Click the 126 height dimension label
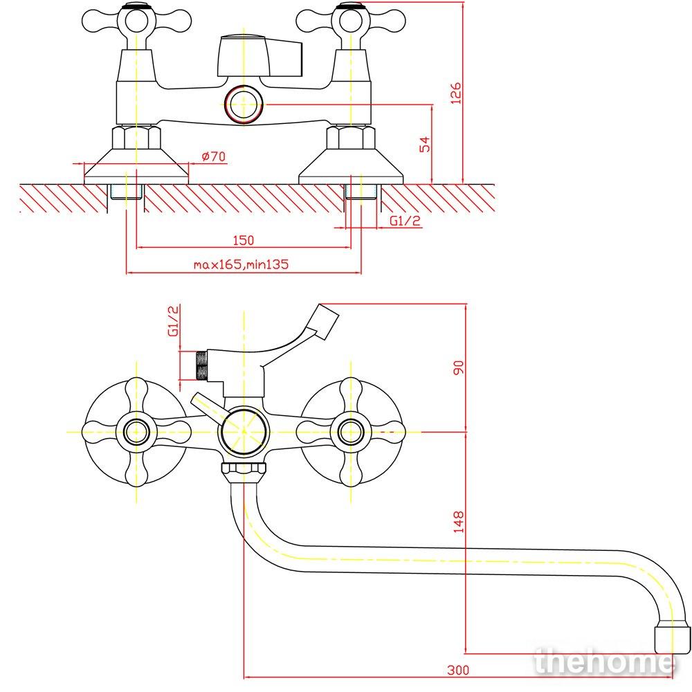pyautogui.click(x=455, y=93)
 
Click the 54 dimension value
pyautogui.click(x=425, y=145)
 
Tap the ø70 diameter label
pyautogui.click(x=214, y=156)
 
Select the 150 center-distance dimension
pyautogui.click(x=244, y=240)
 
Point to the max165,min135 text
pyautogui.click(x=241, y=264)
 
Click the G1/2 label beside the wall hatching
pyautogui.click(x=405, y=220)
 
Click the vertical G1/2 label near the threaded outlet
pyautogui.click(x=174, y=321)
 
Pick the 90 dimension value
pyautogui.click(x=459, y=367)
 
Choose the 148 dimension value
pyautogui.click(x=459, y=522)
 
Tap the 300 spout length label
pyautogui.click(x=458, y=670)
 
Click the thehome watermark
pyautogui.click(x=605, y=662)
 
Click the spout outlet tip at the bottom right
pyautogui.click(x=671, y=636)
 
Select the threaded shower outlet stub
pyautogui.click(x=201, y=365)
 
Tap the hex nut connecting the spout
pyautogui.click(x=244, y=471)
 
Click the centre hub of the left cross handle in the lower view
pyautogui.click(x=136, y=432)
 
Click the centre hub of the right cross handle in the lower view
pyautogui.click(x=351, y=432)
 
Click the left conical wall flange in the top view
pyautogui.click(x=136, y=167)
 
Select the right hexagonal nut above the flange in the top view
pyautogui.click(x=351, y=137)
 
